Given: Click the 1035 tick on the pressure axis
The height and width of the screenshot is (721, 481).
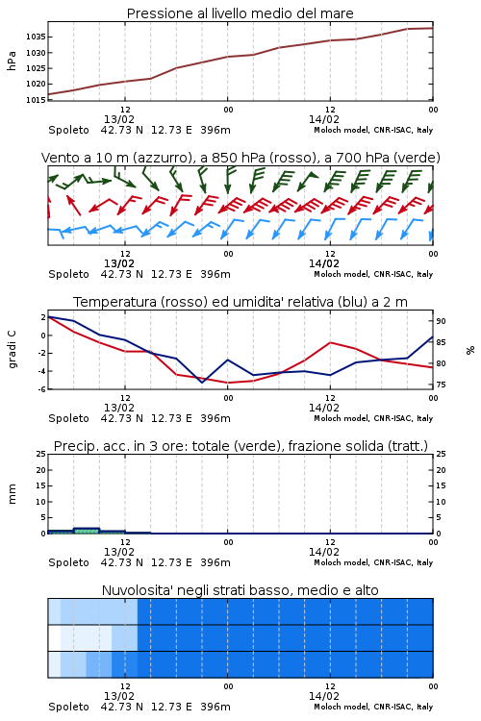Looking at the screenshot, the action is click(x=36, y=37).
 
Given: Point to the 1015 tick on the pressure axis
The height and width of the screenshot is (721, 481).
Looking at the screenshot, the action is click(x=36, y=100).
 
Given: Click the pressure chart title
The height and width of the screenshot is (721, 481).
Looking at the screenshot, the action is click(x=240, y=13).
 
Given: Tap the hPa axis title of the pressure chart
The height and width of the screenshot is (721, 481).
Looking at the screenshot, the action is click(x=12, y=61).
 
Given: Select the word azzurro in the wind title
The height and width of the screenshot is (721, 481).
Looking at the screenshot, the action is click(x=162, y=158).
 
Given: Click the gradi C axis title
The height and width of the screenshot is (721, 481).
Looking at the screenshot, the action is click(x=12, y=349).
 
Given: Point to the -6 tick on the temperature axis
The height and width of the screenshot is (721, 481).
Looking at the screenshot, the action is click(x=41, y=389).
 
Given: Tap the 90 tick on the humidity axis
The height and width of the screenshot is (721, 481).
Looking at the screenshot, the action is click(x=441, y=321).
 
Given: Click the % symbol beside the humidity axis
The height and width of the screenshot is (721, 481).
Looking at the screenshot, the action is click(x=470, y=350).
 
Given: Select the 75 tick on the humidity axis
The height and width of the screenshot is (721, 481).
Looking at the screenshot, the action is click(x=441, y=385).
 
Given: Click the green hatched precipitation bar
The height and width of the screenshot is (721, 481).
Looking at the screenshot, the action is click(x=87, y=531).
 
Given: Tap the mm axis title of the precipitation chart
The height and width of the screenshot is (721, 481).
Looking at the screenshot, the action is click(x=12, y=494).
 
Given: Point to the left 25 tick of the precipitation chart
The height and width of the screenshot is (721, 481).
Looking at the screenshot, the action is click(x=41, y=454).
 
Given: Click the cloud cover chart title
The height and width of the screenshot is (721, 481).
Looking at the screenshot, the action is click(x=240, y=590).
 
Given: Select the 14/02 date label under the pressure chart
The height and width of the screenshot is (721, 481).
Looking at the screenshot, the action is click(x=324, y=119).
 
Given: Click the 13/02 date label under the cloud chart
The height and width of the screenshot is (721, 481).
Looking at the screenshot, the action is click(x=119, y=696).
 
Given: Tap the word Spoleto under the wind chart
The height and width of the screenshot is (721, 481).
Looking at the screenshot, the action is click(x=68, y=274).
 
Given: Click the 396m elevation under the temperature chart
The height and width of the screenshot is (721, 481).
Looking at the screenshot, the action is click(x=215, y=418).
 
